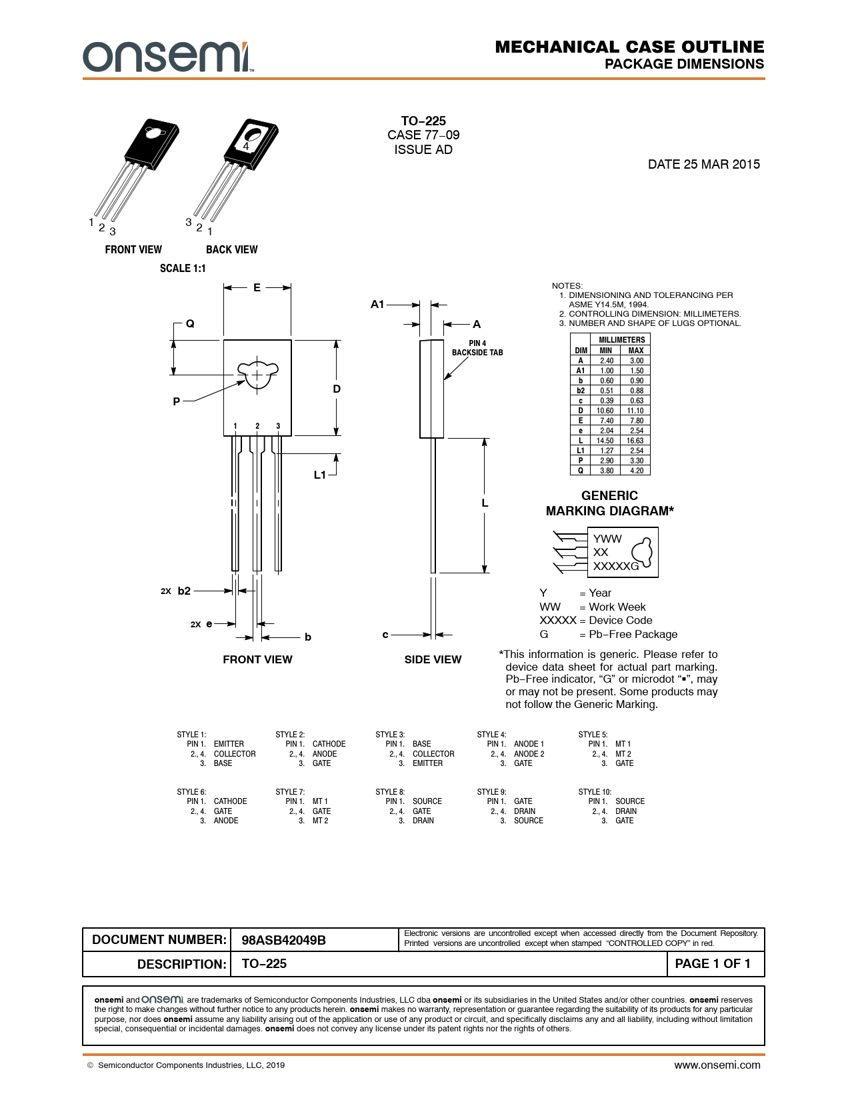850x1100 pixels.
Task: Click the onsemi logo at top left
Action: tap(168, 57)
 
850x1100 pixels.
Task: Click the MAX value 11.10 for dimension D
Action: tap(635, 411)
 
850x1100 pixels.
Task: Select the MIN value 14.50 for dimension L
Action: tap(605, 441)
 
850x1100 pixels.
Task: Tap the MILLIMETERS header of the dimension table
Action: tap(622, 340)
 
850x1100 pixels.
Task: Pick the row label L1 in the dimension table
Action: tap(581, 451)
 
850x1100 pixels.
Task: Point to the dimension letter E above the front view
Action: tap(257, 287)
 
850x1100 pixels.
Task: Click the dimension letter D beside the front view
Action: tap(337, 389)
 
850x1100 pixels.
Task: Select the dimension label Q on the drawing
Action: tap(191, 323)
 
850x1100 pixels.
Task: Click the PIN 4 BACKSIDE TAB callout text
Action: tap(477, 348)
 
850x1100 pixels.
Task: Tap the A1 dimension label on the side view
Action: tap(377, 304)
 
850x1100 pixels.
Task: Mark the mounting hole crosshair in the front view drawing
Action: tap(257, 375)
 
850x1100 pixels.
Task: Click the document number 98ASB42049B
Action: tap(283, 940)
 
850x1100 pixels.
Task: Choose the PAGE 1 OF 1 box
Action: tap(713, 963)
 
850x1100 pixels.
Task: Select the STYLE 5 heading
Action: tap(593, 735)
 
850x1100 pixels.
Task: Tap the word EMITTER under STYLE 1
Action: tap(229, 743)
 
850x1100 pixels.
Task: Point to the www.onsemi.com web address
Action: tap(717, 1065)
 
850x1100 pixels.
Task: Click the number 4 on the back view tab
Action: tap(246, 146)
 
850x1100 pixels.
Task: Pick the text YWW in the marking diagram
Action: tap(607, 539)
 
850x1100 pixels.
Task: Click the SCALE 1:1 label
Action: tap(183, 268)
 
